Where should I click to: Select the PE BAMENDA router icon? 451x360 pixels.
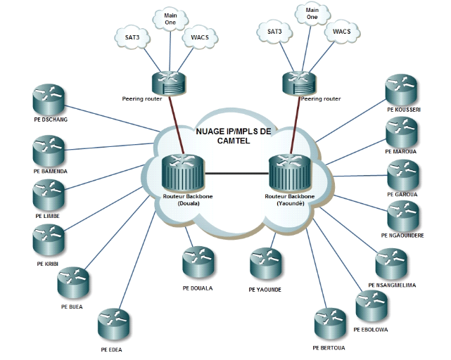coord(49,150)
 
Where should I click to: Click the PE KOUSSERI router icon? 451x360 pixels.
coord(402,89)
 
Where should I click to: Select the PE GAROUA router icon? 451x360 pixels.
coord(404,175)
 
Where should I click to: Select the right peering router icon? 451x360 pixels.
coord(299,81)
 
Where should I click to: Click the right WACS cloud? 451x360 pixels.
coord(342,32)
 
